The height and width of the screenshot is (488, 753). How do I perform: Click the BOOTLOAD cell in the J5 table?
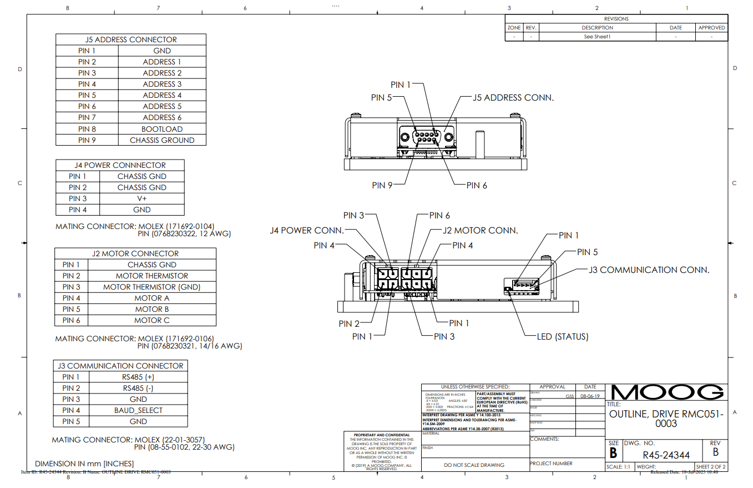[x=162, y=129]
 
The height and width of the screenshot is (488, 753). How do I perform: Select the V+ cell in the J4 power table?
[x=142, y=198]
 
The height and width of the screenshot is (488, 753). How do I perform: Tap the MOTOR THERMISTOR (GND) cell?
[x=151, y=287]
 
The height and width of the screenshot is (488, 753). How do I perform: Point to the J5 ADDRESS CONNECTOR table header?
[x=131, y=39]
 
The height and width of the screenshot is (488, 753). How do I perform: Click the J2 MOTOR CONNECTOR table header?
[x=135, y=253]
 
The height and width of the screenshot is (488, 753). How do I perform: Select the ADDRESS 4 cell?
[x=162, y=95]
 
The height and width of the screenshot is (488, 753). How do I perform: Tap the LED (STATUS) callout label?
[x=562, y=336]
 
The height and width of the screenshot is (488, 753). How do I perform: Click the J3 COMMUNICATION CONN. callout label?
[x=649, y=270]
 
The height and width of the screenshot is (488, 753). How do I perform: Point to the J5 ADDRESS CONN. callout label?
[x=513, y=97]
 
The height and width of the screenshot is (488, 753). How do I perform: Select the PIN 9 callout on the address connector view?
[x=382, y=185]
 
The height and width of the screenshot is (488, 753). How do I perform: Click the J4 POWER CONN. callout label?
[x=307, y=231]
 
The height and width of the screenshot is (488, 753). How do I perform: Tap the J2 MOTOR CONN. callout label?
[x=480, y=230]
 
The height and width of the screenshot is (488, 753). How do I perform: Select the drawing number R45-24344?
[x=666, y=456]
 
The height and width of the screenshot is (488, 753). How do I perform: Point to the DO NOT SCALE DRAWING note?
[x=474, y=465]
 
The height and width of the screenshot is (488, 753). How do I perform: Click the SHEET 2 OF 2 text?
[x=710, y=467]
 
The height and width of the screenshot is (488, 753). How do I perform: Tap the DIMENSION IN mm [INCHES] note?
[x=84, y=463]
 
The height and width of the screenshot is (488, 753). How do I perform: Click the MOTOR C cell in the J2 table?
[x=151, y=320]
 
